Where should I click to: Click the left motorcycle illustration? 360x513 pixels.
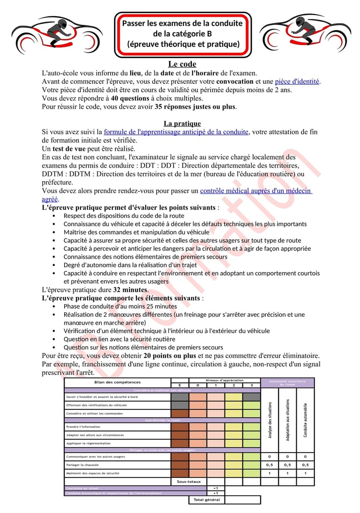56,35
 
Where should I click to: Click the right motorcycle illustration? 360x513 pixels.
305,35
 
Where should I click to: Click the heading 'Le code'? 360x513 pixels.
182,64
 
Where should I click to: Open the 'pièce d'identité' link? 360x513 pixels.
297,82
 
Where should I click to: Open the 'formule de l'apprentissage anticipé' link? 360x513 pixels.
176,132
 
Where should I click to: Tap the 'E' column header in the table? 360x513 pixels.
180,385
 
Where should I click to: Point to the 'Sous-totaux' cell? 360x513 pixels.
188,481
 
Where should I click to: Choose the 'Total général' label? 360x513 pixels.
207,499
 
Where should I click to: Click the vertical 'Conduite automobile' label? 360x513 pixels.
305,420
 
